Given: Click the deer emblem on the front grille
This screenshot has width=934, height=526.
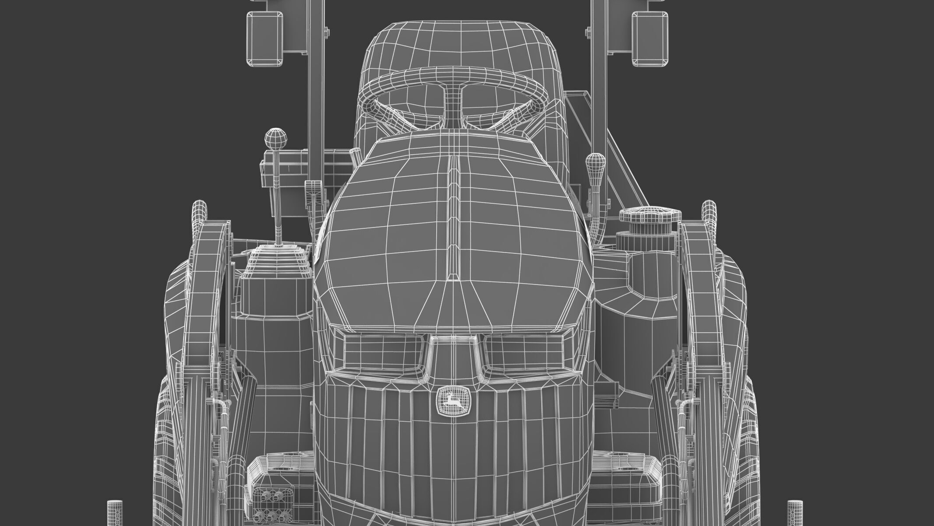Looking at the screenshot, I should coord(454,400).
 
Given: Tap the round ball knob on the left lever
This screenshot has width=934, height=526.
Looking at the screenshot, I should coord(274,140).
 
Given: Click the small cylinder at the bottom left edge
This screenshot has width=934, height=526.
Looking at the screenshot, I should coord(115,513).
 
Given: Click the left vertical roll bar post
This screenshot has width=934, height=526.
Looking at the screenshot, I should coord(314,88).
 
